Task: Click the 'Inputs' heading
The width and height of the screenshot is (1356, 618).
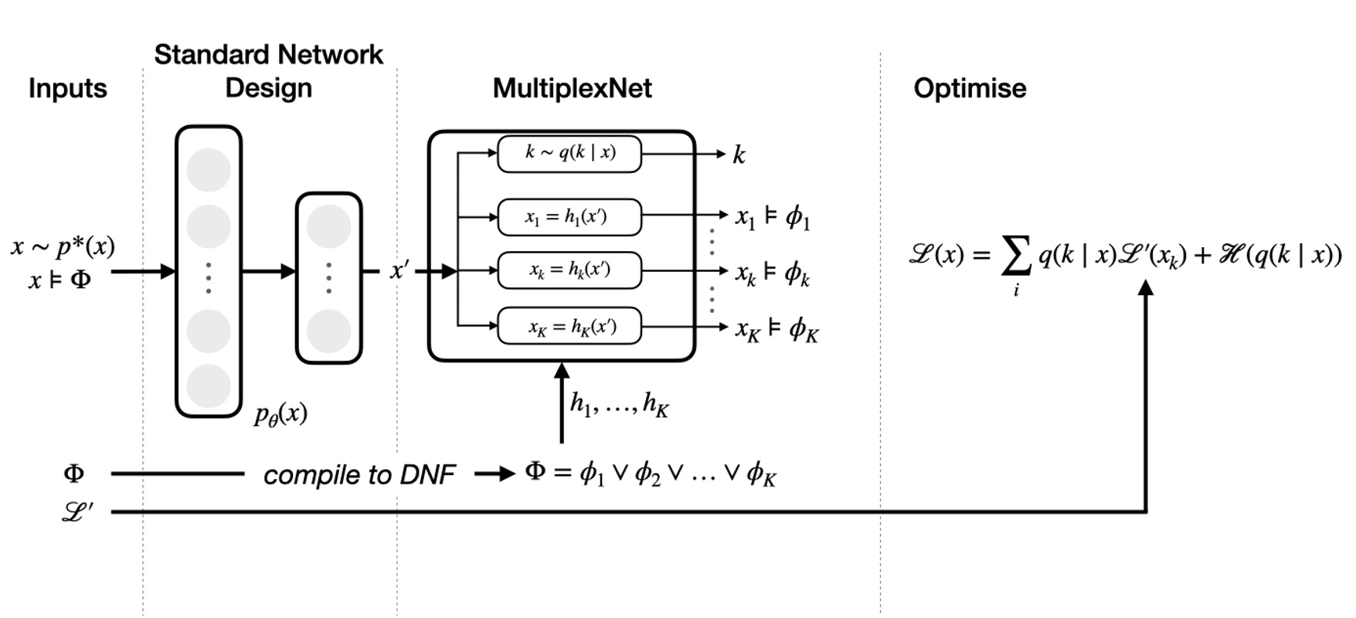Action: [68, 88]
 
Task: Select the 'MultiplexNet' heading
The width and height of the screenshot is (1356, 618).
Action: [573, 88]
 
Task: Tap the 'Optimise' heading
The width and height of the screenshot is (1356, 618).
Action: [970, 88]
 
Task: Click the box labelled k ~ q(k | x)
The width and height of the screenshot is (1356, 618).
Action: [569, 154]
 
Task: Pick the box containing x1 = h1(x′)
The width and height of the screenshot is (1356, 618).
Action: [569, 217]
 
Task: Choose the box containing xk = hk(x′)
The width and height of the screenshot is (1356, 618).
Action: [569, 270]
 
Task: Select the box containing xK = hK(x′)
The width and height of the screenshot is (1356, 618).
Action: [569, 326]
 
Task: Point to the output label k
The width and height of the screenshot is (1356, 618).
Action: [739, 154]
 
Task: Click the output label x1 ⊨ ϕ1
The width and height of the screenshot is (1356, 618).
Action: [772, 217]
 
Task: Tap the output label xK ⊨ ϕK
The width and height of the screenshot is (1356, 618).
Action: [777, 330]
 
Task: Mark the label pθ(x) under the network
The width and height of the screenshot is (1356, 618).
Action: [280, 415]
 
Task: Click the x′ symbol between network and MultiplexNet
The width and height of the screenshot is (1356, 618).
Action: [399, 270]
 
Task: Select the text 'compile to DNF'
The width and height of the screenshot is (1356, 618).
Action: [359, 474]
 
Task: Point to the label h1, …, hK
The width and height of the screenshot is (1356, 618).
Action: [619, 403]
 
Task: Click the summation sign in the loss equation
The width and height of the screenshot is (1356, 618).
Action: [1016, 256]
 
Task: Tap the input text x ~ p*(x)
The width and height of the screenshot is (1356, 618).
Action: [63, 246]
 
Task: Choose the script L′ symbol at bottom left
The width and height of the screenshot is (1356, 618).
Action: [77, 511]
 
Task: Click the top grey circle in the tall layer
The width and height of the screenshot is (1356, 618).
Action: [209, 170]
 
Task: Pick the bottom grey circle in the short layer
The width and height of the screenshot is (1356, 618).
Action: [329, 332]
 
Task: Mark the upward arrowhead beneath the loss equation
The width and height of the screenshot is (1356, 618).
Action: [1147, 287]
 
